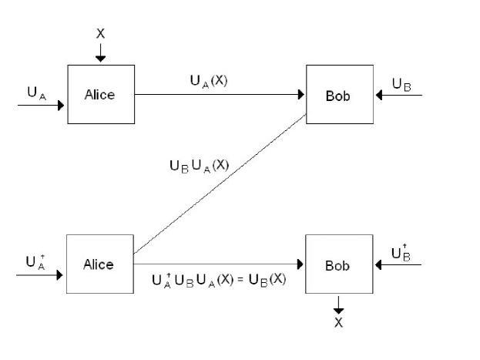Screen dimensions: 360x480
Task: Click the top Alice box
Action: [101, 94]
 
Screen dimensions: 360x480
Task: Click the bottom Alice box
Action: [99, 264]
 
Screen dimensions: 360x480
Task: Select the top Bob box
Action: [340, 96]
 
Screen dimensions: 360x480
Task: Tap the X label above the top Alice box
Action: [100, 34]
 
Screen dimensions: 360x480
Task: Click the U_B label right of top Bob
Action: [401, 84]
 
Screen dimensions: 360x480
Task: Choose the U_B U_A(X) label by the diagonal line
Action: [199, 165]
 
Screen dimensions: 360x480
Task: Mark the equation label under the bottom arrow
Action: [219, 280]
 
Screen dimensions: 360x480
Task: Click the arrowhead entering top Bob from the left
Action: [301, 95]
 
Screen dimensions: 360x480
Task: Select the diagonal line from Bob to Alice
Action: [220, 184]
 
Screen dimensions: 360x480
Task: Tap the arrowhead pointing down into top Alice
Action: [100, 59]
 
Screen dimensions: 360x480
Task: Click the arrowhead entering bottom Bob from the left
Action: [300, 264]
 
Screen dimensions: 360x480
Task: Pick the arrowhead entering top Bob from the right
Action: [378, 96]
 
